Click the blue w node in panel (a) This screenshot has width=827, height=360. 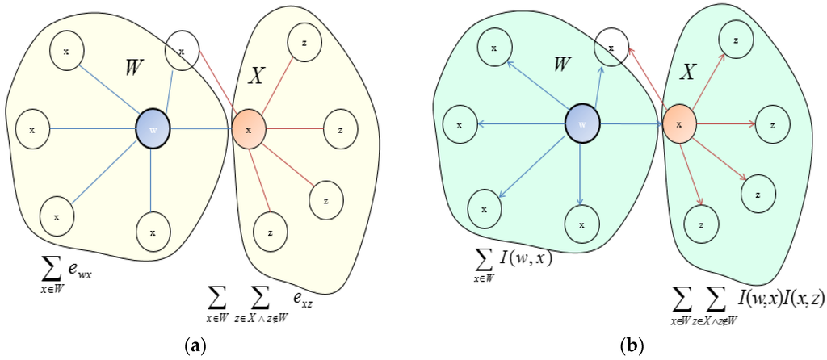(153, 129)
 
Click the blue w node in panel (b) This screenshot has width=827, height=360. (581, 125)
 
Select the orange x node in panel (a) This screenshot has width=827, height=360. (250, 129)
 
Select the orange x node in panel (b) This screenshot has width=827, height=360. (679, 125)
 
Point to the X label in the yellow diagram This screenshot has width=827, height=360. (255, 75)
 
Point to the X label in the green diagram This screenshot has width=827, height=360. (687, 73)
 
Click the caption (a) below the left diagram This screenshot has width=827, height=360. (194, 345)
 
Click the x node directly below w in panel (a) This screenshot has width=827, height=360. (153, 232)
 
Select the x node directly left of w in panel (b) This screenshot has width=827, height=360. (460, 125)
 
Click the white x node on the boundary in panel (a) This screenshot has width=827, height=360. (182, 52)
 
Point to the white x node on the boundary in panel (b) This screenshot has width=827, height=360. (611, 48)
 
